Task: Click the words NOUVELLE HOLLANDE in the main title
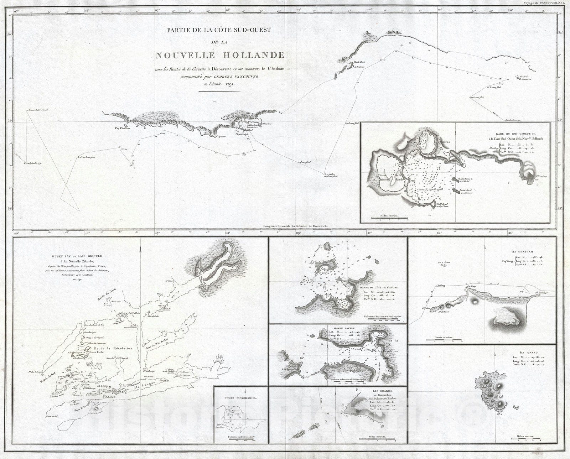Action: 219,56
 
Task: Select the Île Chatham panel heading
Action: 519,251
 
